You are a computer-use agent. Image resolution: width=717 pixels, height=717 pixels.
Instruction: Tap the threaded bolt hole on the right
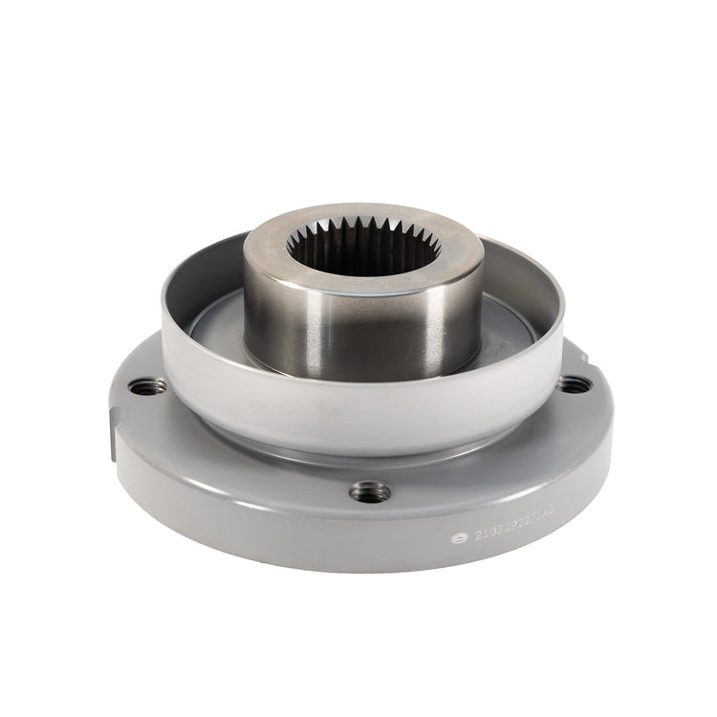pos(572,384)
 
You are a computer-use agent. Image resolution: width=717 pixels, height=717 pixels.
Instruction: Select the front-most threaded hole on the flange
pos(370,491)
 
